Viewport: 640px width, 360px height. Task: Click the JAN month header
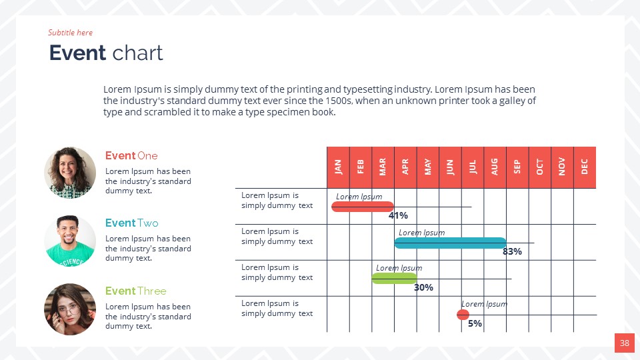(338, 167)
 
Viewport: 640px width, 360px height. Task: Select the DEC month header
(585, 167)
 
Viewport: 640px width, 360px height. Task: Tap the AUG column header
(495, 167)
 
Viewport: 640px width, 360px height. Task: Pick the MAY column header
(427, 167)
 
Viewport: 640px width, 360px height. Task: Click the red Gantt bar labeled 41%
(363, 207)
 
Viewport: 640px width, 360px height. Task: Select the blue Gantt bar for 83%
(450, 243)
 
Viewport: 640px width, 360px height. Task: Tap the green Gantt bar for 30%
(394, 278)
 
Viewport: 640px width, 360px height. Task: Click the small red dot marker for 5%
(463, 315)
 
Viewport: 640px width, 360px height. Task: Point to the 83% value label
(512, 252)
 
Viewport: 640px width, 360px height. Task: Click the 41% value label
(398, 216)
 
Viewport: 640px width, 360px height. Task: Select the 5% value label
(475, 324)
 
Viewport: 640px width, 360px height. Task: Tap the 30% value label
(423, 288)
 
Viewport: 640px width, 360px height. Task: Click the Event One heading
(131, 155)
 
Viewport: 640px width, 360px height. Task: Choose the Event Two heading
(132, 223)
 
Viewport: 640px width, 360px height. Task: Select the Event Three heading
(136, 291)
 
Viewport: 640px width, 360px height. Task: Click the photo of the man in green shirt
(70, 241)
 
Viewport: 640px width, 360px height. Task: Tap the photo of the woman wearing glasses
(70, 309)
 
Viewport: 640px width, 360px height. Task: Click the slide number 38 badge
(624, 343)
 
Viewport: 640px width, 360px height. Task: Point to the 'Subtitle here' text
(70, 33)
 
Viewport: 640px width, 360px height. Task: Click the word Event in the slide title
(78, 53)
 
